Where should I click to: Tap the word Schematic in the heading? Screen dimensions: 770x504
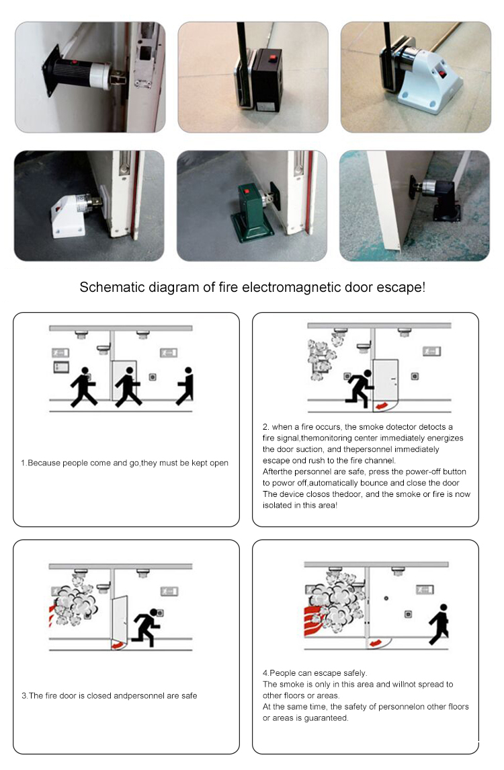108,287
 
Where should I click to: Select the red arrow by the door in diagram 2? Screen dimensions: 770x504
383,406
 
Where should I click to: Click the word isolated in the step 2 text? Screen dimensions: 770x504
278,504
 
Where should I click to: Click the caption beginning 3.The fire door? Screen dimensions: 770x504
109,695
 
